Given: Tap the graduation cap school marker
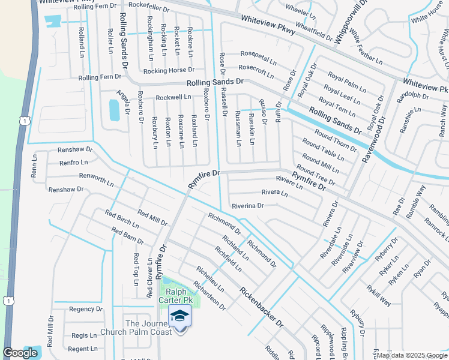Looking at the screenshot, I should click(x=179, y=316).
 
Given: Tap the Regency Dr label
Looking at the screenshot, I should click(x=86, y=309).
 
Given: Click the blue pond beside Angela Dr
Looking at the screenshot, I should click(x=113, y=110).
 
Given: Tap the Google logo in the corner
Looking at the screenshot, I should click(x=20, y=353).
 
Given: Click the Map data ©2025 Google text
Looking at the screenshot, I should click(x=411, y=355).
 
